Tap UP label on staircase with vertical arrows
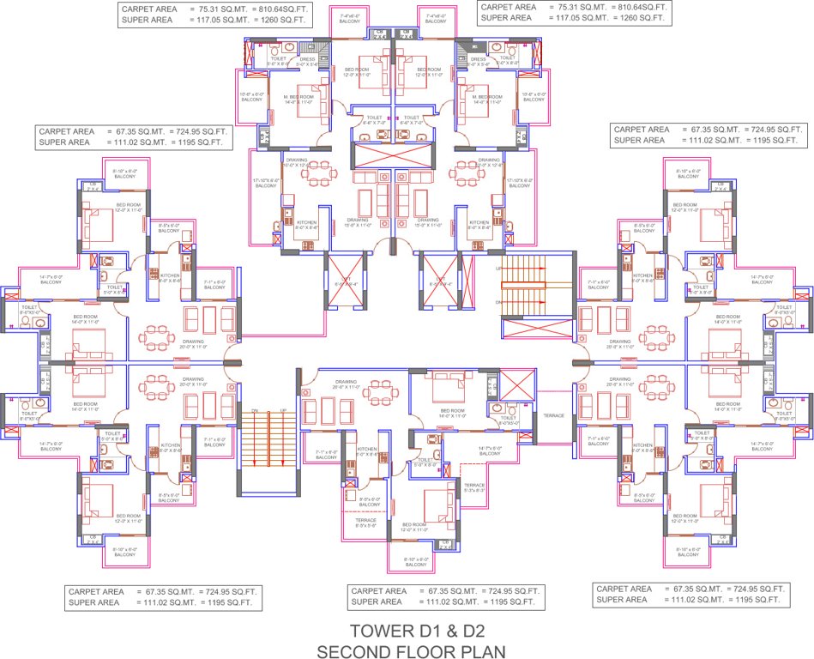(x=282, y=411)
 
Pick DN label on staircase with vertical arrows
(x=255, y=411)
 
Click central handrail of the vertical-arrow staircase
(x=268, y=450)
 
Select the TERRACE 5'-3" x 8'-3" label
(x=474, y=487)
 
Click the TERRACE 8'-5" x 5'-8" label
(x=365, y=523)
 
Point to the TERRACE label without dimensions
(x=553, y=415)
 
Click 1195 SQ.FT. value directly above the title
(x=520, y=604)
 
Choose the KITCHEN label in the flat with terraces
(x=367, y=449)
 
